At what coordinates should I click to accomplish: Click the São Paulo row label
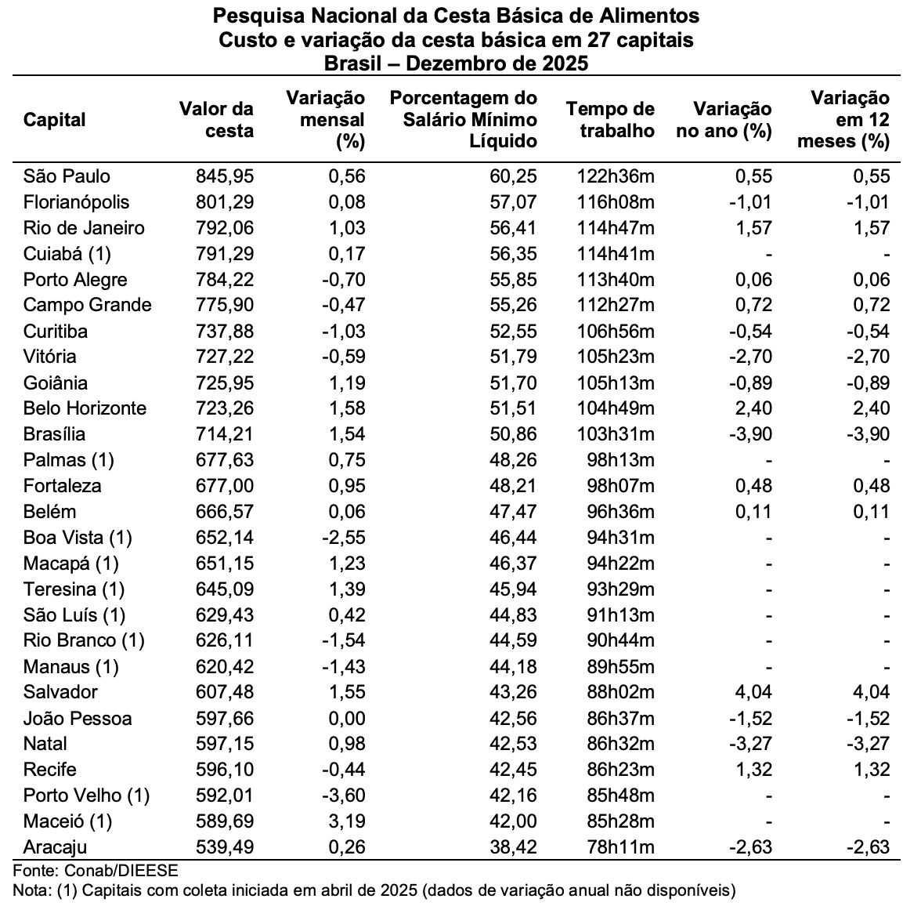[x=67, y=176]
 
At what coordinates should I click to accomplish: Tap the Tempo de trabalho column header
[x=610, y=120]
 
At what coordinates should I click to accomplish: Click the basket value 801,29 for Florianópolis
[x=225, y=202]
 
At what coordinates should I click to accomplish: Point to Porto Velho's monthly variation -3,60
[x=343, y=796]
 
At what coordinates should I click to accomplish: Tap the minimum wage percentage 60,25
[x=514, y=176]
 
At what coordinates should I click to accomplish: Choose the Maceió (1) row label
[x=67, y=821]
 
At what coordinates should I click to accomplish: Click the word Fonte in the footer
[x=34, y=871]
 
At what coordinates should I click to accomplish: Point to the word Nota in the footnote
[x=31, y=890]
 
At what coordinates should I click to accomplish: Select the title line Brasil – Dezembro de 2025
[x=457, y=63]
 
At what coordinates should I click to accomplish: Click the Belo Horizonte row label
[x=85, y=408]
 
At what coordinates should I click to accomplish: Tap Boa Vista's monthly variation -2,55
[x=343, y=538]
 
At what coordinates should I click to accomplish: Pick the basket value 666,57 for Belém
[x=225, y=512]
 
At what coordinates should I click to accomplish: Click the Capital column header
[x=54, y=120]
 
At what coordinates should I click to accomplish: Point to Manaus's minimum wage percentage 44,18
[x=514, y=666]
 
